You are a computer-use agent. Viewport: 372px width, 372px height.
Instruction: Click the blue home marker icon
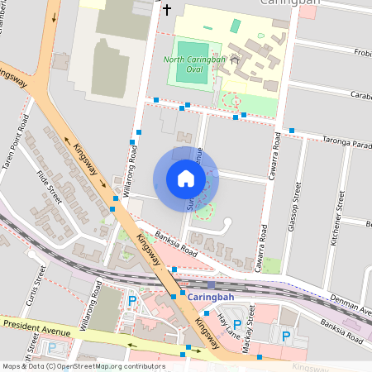point(186,179)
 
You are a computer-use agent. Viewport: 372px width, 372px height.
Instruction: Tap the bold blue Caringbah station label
point(211,296)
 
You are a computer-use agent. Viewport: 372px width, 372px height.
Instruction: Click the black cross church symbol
point(167,10)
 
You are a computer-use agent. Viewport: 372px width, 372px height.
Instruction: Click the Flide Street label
point(50,187)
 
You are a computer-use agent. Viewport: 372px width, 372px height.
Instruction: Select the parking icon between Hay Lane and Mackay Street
point(237,325)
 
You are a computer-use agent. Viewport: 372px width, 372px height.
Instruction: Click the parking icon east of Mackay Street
point(286,336)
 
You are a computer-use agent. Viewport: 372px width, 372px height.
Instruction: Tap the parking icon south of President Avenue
point(52,348)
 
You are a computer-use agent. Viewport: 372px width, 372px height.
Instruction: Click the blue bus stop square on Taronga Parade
point(292,131)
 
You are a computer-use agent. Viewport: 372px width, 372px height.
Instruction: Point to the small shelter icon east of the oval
point(235,60)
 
